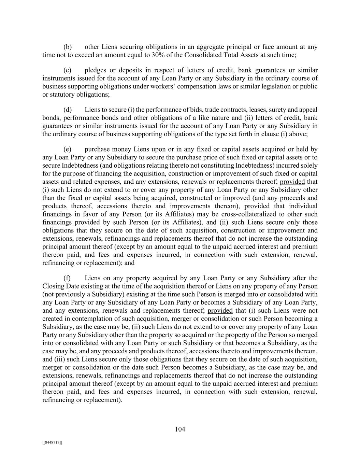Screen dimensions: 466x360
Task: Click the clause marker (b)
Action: pos(68,47)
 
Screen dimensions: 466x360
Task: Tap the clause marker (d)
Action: pos(68,110)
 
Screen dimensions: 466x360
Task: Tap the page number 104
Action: pos(180,429)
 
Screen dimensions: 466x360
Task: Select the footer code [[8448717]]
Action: pos(52,442)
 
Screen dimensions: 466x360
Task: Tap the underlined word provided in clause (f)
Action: pos(220,311)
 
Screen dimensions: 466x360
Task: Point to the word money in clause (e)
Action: pos(121,150)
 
